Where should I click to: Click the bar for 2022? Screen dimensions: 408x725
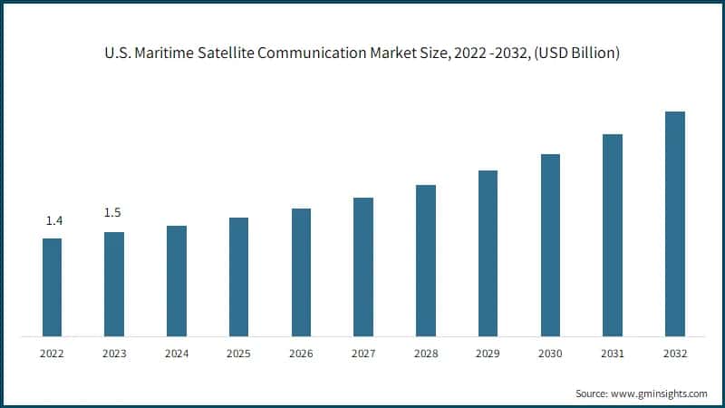(53, 287)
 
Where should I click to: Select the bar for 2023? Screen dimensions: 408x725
(114, 285)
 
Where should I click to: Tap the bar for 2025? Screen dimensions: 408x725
(238, 277)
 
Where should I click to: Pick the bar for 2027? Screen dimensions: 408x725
(363, 267)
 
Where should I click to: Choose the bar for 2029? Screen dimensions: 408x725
(488, 254)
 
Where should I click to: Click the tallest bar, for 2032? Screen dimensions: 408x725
(674, 224)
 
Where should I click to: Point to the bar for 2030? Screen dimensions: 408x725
(550, 246)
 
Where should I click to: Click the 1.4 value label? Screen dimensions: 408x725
(53, 221)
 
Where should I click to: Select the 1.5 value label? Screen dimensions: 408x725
(112, 213)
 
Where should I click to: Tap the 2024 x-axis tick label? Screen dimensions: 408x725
(177, 354)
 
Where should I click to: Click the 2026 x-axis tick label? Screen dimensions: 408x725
(301, 354)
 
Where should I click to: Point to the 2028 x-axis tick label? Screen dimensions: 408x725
(425, 354)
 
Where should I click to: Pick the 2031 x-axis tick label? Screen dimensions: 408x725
(613, 354)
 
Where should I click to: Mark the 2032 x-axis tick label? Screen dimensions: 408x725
(674, 354)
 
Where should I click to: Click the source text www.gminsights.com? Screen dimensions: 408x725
(658, 393)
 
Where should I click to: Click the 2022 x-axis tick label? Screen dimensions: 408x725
(53, 354)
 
